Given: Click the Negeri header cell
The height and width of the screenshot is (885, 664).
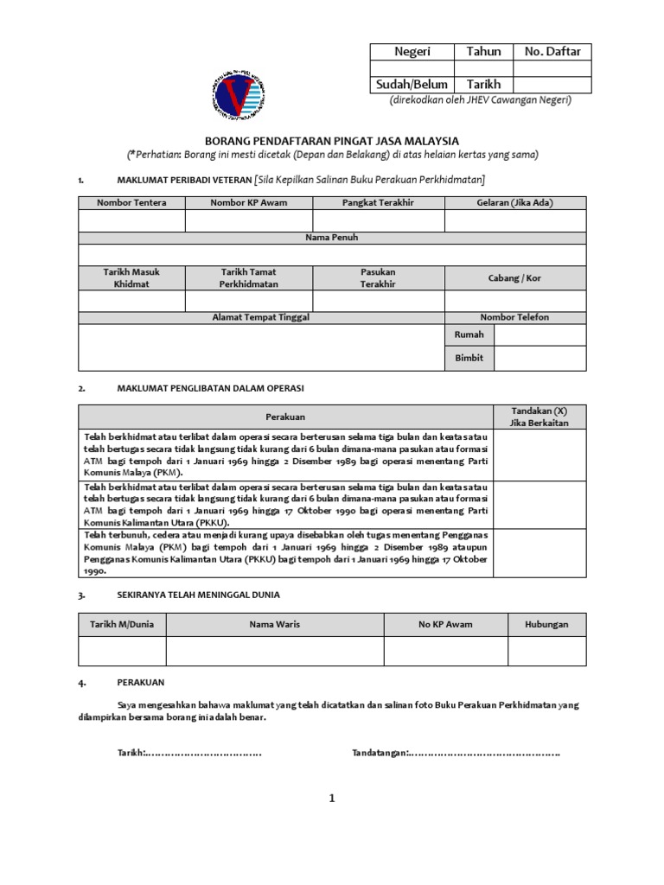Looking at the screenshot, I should pos(412,52).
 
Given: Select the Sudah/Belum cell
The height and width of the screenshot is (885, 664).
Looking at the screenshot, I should pos(412,85).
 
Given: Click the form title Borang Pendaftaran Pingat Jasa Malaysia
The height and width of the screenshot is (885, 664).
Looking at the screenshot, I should pos(332,141).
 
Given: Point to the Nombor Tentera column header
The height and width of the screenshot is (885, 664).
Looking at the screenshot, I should pos(131,203).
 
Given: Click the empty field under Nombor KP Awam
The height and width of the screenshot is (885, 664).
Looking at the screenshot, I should pos(249,221).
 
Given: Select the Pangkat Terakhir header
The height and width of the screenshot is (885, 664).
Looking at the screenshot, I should pos(378,203).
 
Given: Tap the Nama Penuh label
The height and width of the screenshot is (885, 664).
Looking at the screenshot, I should pos(332,238).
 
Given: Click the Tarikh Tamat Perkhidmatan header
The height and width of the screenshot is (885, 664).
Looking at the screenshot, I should pos(249,277).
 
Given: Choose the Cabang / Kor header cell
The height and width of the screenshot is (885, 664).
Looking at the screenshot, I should pos(514,277).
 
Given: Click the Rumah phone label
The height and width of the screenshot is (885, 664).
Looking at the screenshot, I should pos(469,335).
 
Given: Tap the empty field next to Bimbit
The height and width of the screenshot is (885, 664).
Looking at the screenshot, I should pos(539,358).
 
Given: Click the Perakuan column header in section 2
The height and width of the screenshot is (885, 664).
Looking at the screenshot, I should pos(285,417).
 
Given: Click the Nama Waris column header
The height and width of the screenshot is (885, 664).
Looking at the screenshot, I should pos(275,624).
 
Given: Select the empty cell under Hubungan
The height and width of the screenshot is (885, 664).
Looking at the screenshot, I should pos(546,651).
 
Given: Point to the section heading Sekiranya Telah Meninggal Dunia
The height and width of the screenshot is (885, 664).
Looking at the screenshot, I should pos(198,595).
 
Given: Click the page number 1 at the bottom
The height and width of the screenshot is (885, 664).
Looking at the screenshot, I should pos(331,799).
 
